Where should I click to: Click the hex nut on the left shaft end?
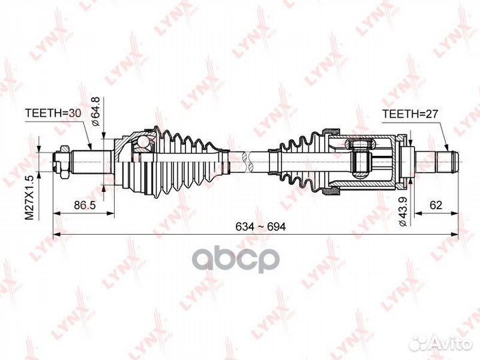point(59,161)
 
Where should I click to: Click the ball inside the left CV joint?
point(141,141)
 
